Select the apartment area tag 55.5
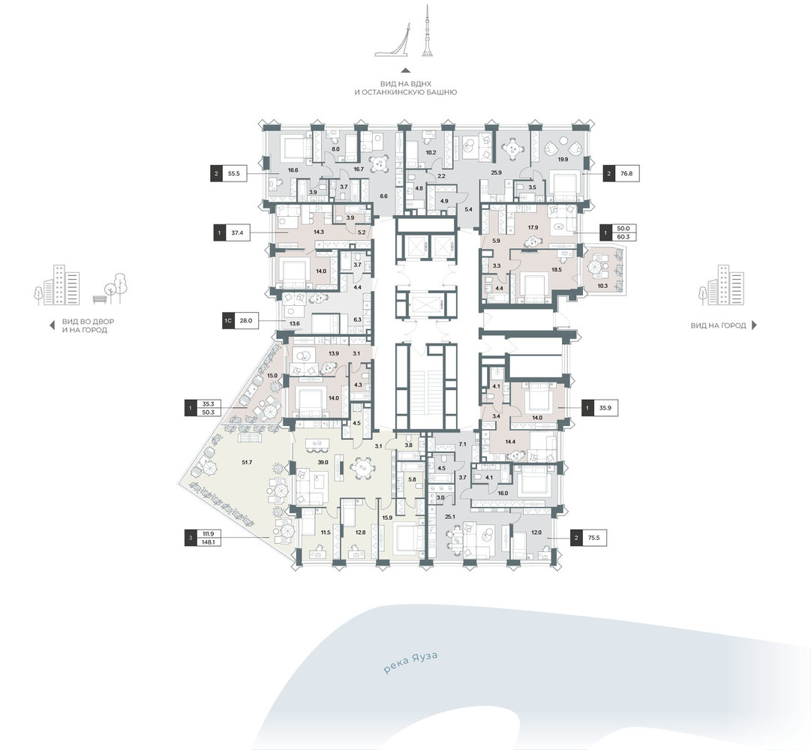coord(234,174)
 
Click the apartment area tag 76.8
coord(626,174)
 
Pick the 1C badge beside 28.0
coord(227,320)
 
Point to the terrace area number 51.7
coord(247,463)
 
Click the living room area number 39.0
coord(323,462)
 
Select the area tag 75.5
coord(593,538)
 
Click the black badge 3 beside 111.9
coord(191,538)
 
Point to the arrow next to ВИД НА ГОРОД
coord(754,325)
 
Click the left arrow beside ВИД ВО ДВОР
coord(51,325)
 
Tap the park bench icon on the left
coord(99,298)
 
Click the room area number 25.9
coord(496,172)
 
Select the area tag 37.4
coord(237,233)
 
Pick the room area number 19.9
coord(563,159)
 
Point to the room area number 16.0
coord(503,493)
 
